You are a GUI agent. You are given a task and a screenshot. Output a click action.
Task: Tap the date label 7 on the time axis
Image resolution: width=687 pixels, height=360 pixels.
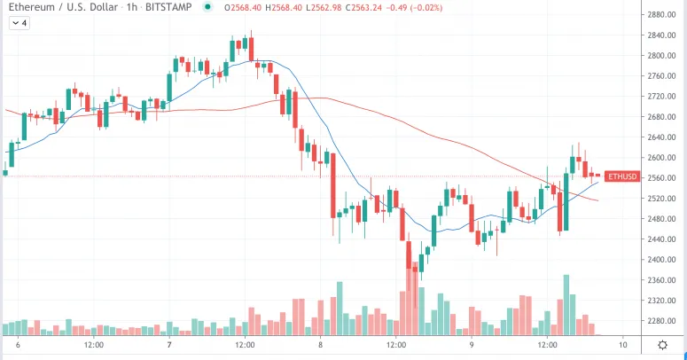click(x=169, y=344)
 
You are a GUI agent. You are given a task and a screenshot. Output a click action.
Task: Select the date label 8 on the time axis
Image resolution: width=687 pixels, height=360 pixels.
click(x=320, y=344)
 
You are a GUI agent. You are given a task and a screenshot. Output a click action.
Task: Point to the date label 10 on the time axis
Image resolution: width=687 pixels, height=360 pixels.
click(x=624, y=344)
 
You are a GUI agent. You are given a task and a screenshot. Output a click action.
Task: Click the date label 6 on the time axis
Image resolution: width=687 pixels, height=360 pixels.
click(x=18, y=344)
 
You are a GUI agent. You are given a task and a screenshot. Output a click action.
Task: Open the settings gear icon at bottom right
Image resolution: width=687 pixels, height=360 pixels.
click(x=662, y=344)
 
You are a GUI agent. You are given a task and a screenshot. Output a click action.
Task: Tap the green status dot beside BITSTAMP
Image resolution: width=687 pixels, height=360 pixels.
click(x=207, y=8)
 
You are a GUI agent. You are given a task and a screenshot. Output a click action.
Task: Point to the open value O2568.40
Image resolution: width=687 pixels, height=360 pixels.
click(x=242, y=8)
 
